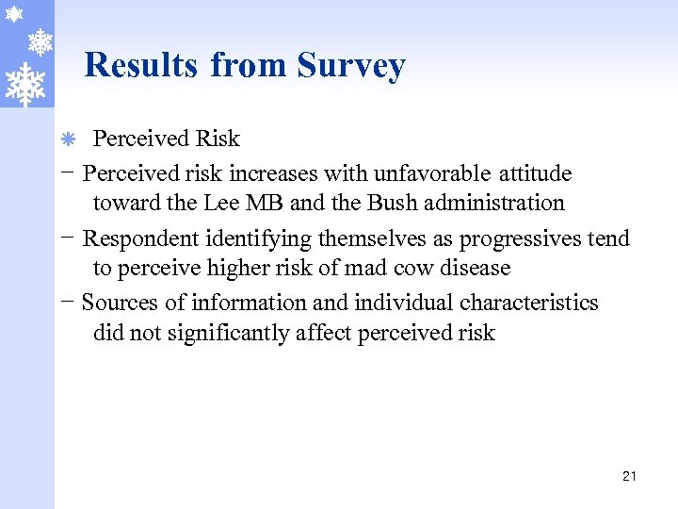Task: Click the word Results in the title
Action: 141,65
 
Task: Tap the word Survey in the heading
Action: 351,66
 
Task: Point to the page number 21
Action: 629,476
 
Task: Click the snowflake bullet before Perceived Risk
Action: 68,140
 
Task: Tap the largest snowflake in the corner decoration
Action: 25,83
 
